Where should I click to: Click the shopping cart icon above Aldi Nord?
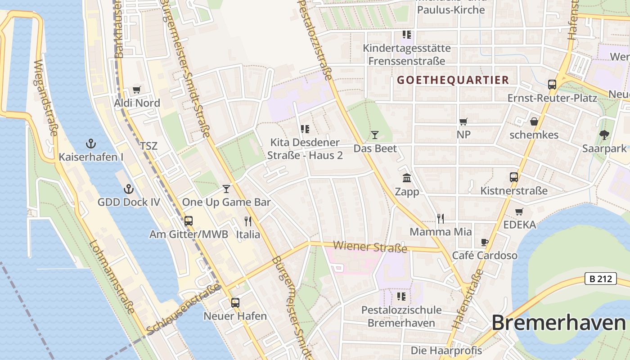pos(136,90)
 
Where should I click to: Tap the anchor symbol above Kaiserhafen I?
pos(91,144)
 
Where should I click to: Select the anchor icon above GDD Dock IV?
pos(129,189)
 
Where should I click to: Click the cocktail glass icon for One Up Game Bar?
pos(226,189)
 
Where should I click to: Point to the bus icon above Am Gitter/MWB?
pos(189,221)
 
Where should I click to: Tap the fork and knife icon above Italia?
pos(248,221)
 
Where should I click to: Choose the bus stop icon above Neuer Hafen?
pos(235,302)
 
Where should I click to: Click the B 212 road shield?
pos(601,279)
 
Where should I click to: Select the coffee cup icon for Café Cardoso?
pos(485,242)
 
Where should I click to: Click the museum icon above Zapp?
pos(407,178)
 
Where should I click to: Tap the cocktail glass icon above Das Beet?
pos(375,135)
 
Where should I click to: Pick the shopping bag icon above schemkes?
pos(534,121)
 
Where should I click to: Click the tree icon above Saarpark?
pos(604,135)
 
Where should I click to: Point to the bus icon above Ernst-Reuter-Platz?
pos(552,84)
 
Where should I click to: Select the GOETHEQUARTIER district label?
pos(453,80)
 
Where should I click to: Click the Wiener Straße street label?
pos(370,247)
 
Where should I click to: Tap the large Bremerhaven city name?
pos(558,323)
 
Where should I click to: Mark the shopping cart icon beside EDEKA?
pos(519,211)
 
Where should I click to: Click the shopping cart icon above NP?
pos(463,121)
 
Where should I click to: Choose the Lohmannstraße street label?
pos(112,276)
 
